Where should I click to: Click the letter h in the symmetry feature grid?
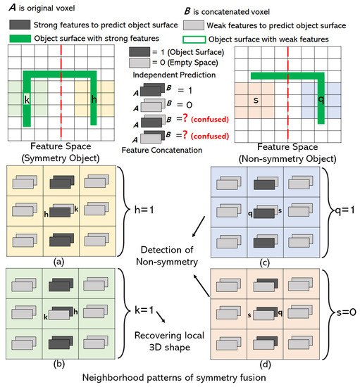[93, 98]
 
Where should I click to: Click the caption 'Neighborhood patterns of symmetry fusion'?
[180, 379]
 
